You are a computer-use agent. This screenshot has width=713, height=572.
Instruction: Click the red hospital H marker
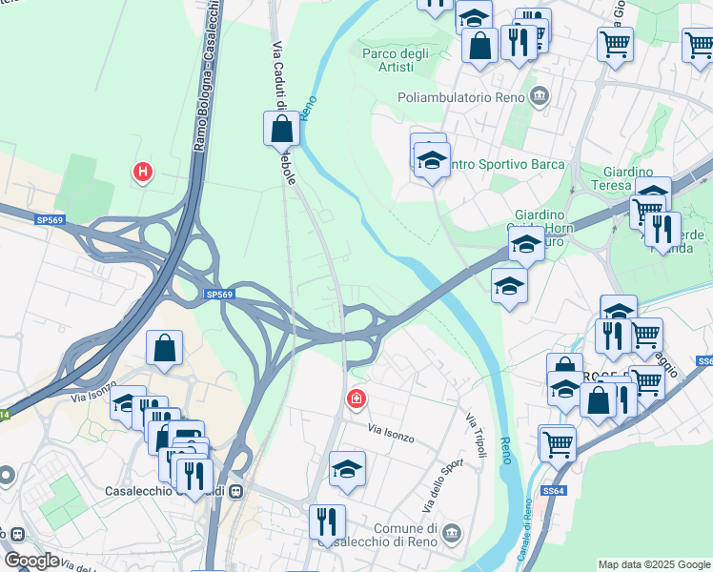click(143, 172)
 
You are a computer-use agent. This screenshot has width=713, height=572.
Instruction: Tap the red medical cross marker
click(356, 398)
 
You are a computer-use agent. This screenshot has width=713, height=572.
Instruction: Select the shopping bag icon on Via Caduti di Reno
click(281, 129)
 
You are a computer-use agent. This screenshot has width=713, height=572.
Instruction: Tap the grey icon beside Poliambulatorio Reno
click(540, 95)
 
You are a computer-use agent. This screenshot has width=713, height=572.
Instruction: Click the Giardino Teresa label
click(627, 178)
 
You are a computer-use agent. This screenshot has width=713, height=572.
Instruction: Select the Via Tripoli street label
click(475, 434)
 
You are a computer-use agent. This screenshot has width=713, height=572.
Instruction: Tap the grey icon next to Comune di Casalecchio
click(452, 531)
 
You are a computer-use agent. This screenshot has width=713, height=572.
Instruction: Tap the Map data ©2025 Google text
click(654, 563)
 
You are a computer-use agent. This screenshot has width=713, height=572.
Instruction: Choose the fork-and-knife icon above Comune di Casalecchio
click(327, 521)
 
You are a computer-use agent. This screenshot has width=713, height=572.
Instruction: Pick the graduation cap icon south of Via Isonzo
click(347, 467)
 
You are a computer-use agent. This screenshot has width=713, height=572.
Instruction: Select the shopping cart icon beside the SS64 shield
click(557, 441)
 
